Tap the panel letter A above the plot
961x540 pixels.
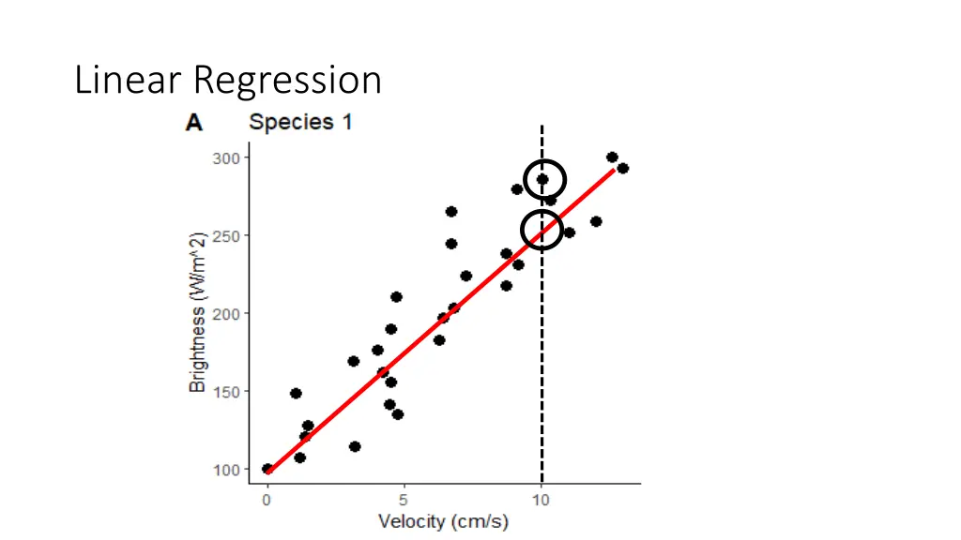click(194, 123)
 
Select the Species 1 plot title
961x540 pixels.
click(299, 122)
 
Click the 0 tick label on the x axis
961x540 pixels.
click(267, 501)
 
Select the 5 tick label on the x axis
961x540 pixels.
click(404, 501)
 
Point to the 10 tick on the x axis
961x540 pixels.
click(541, 501)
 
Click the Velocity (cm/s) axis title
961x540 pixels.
click(443, 521)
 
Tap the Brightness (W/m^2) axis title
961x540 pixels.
click(197, 313)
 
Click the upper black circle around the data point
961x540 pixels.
click(544, 179)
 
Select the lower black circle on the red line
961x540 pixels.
click(542, 230)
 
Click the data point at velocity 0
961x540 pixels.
click(267, 469)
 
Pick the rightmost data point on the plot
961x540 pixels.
click(622, 169)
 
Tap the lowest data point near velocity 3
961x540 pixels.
click(355, 446)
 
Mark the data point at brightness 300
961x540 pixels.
click(612, 157)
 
